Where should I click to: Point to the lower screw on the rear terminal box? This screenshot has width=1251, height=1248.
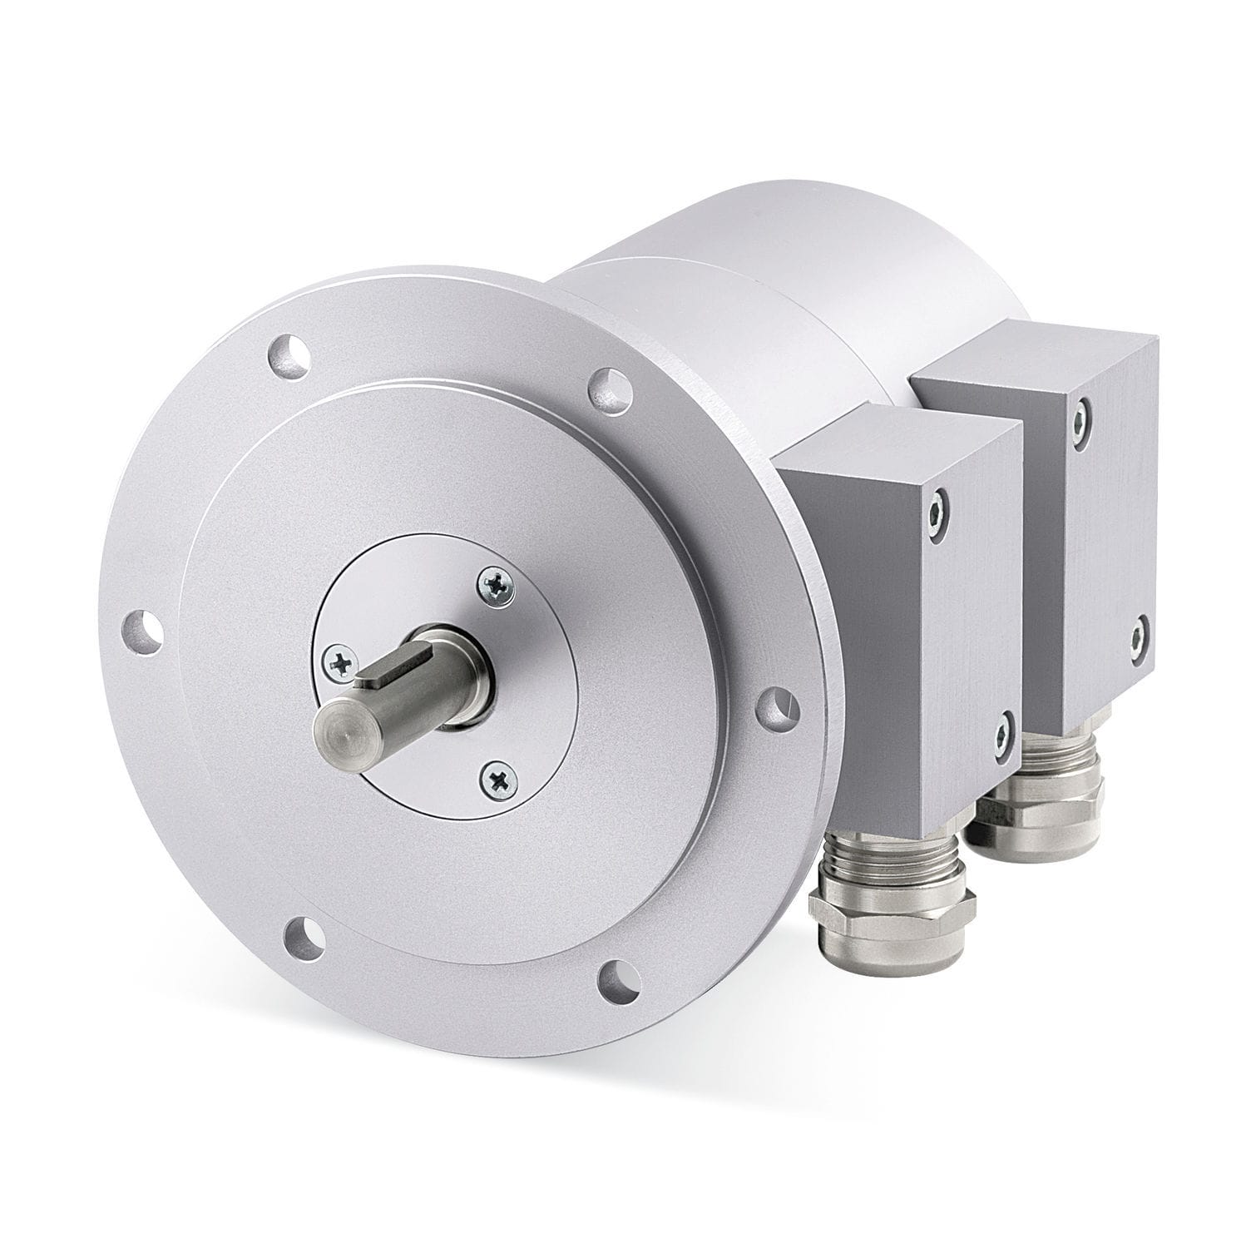coord(1140,632)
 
